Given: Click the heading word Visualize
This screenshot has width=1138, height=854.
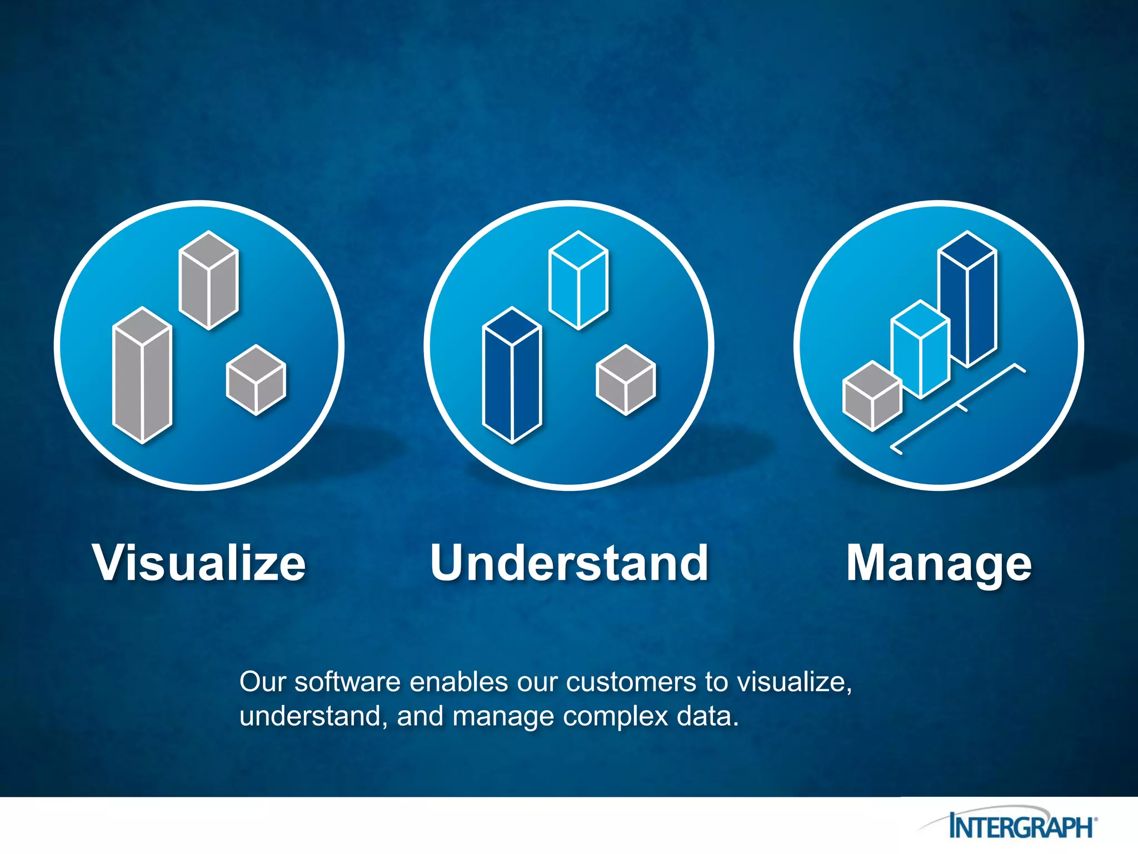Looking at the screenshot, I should [199, 563].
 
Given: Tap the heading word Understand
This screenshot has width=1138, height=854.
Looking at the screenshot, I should [569, 563].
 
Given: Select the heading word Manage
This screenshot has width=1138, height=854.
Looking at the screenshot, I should [939, 564].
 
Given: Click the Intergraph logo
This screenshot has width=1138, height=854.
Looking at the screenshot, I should [1021, 826].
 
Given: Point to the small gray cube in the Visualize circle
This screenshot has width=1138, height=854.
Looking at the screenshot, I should [256, 380].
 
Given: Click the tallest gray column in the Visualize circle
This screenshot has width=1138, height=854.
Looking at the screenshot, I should [142, 376].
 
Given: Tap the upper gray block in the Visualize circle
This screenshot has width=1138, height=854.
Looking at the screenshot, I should [208, 280].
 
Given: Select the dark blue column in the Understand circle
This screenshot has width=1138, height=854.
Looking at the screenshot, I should [512, 376].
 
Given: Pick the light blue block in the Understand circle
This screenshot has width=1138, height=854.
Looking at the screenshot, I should [578, 280].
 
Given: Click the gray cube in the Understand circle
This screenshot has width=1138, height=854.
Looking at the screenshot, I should [626, 380].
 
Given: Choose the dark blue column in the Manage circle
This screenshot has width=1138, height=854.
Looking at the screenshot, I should [967, 300].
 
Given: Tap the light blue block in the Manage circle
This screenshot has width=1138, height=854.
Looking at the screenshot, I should [920, 350].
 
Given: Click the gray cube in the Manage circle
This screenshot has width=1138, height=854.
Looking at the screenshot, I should [872, 396].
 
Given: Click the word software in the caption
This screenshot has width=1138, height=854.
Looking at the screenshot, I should [347, 682].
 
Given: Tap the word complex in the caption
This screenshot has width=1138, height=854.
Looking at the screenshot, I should [615, 717].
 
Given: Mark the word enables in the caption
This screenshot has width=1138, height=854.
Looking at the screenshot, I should [458, 682].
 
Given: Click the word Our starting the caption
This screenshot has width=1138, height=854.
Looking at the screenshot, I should [262, 682].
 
